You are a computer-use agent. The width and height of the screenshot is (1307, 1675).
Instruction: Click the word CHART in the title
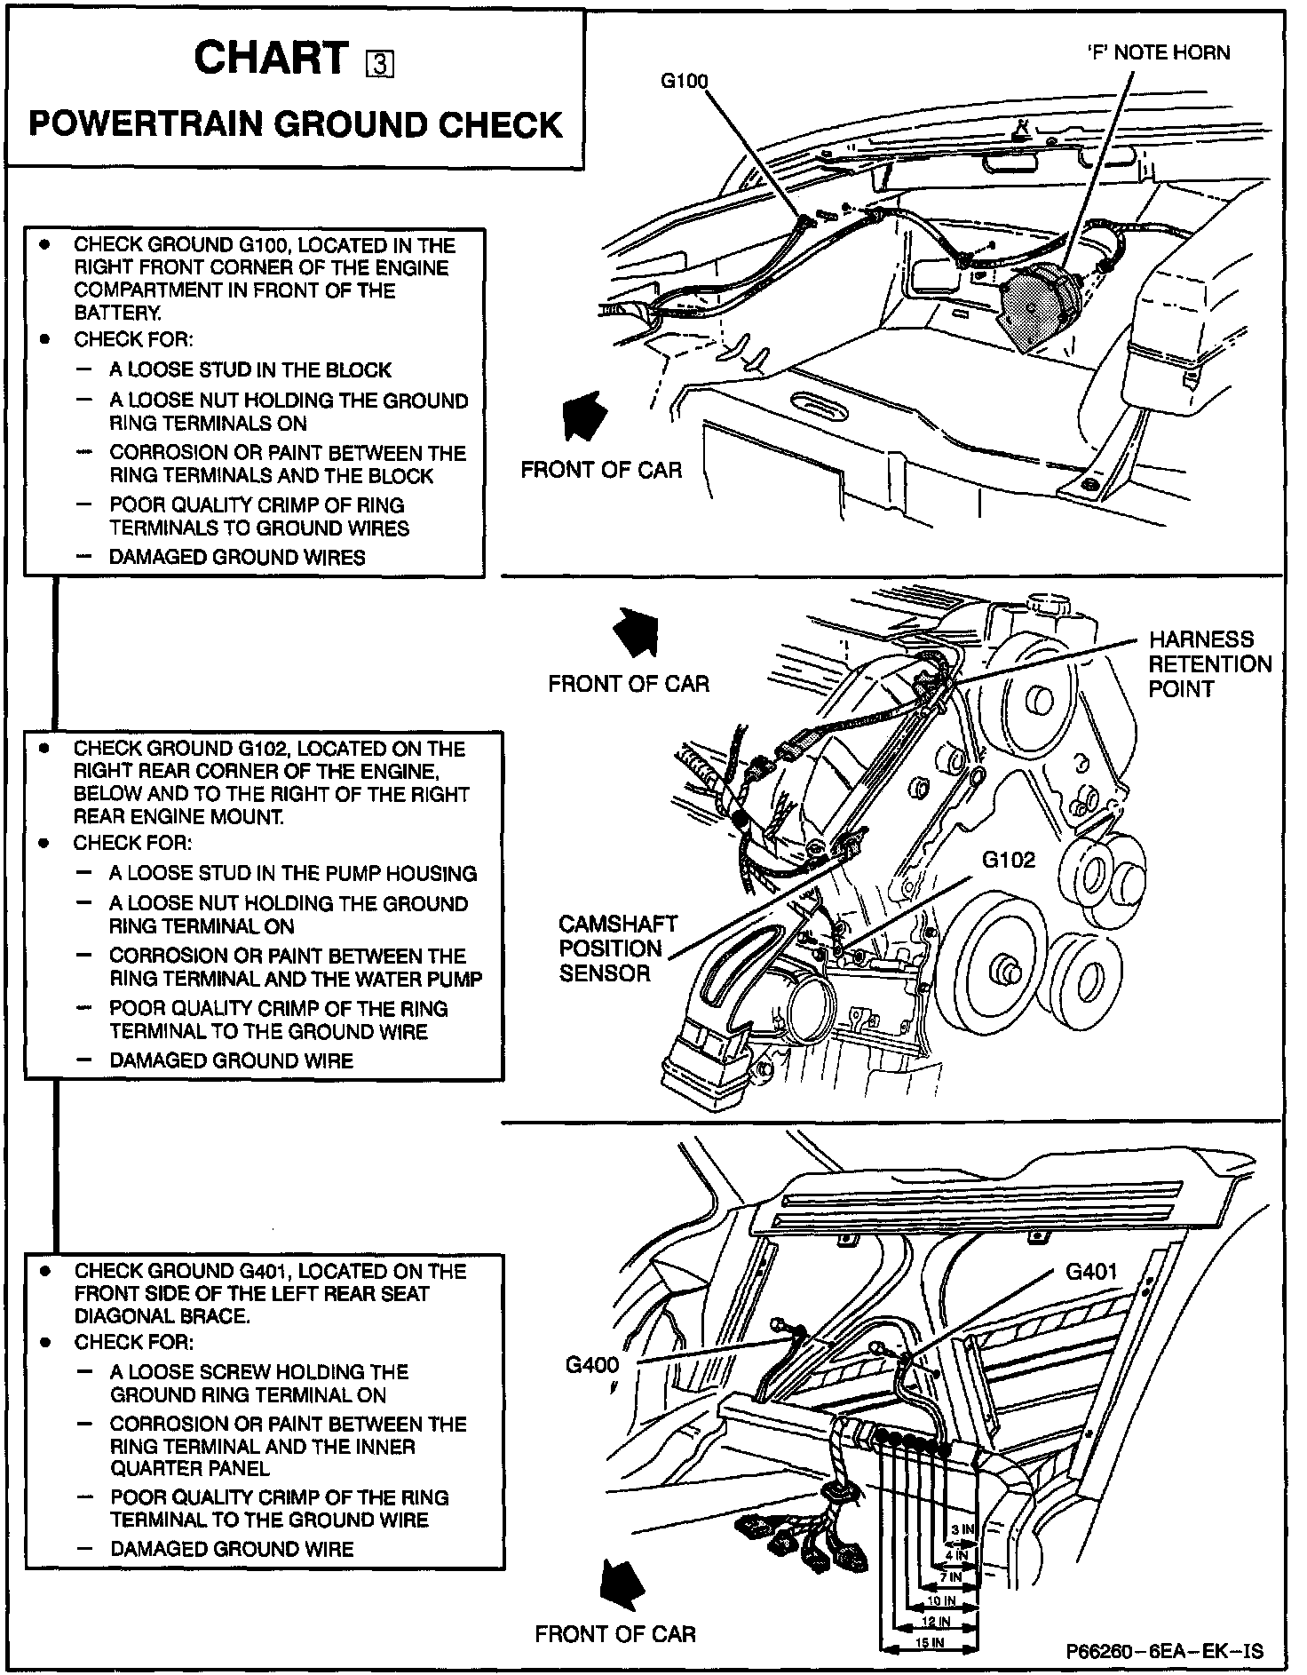272,60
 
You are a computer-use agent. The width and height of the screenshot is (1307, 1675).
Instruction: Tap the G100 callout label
684,82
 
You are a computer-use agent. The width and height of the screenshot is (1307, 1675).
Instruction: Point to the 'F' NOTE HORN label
1158,52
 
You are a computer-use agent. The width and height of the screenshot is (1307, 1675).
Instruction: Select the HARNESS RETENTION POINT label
1209,663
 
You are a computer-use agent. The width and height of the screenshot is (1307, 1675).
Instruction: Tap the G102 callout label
1008,860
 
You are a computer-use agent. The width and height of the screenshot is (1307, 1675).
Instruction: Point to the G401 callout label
1090,1272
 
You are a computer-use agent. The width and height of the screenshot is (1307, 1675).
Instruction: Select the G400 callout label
592,1364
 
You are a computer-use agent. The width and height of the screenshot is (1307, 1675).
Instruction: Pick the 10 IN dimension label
940,1600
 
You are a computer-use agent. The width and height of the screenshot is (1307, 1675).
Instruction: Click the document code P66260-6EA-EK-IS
1165,1651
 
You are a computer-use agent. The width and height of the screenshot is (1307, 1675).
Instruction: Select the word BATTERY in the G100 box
117,313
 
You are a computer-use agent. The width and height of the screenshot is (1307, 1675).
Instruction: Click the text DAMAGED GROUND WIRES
237,558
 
